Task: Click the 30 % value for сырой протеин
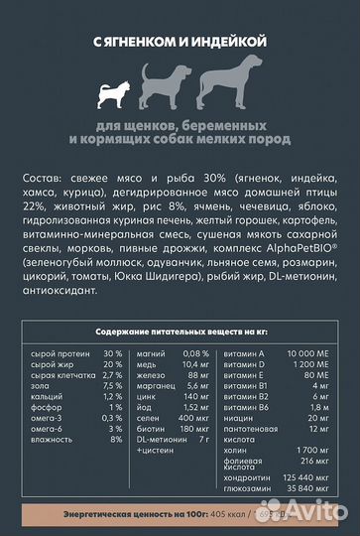coord(111,353)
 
